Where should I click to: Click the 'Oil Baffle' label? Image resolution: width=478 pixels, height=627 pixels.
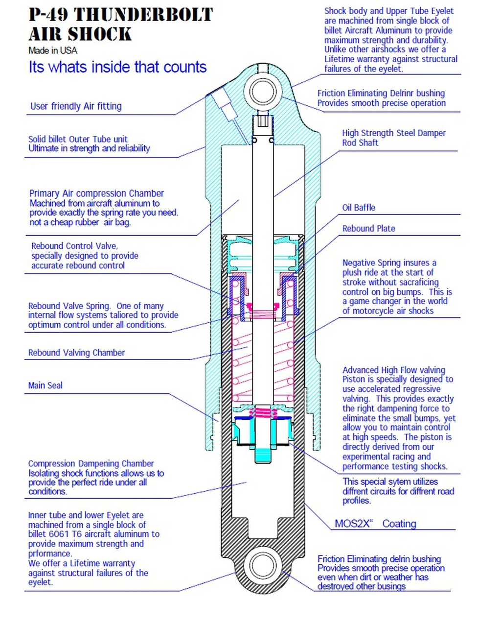[359, 207]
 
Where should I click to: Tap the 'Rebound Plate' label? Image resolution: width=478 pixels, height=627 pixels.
[368, 229]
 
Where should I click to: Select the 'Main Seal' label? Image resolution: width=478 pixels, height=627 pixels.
[45, 386]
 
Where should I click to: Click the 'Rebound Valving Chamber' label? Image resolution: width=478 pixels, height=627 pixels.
[76, 353]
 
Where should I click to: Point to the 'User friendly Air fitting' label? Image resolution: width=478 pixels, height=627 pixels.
[76, 106]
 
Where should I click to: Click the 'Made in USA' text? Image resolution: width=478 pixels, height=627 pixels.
[53, 50]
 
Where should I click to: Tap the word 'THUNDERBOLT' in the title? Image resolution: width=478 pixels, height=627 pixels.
[143, 15]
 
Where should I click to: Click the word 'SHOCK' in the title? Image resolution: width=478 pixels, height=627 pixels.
[99, 34]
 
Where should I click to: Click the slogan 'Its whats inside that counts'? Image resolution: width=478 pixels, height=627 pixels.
[117, 67]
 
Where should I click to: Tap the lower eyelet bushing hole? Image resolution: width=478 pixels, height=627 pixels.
[262, 566]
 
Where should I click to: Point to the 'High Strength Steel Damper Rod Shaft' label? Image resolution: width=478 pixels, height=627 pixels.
[394, 138]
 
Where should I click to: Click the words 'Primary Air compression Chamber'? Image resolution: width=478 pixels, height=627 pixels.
[96, 193]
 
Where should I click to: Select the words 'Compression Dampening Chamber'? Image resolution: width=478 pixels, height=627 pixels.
[91, 463]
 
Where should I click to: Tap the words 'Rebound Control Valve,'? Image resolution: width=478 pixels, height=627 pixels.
[74, 246]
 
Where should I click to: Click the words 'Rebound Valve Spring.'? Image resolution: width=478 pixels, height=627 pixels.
[69, 306]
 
